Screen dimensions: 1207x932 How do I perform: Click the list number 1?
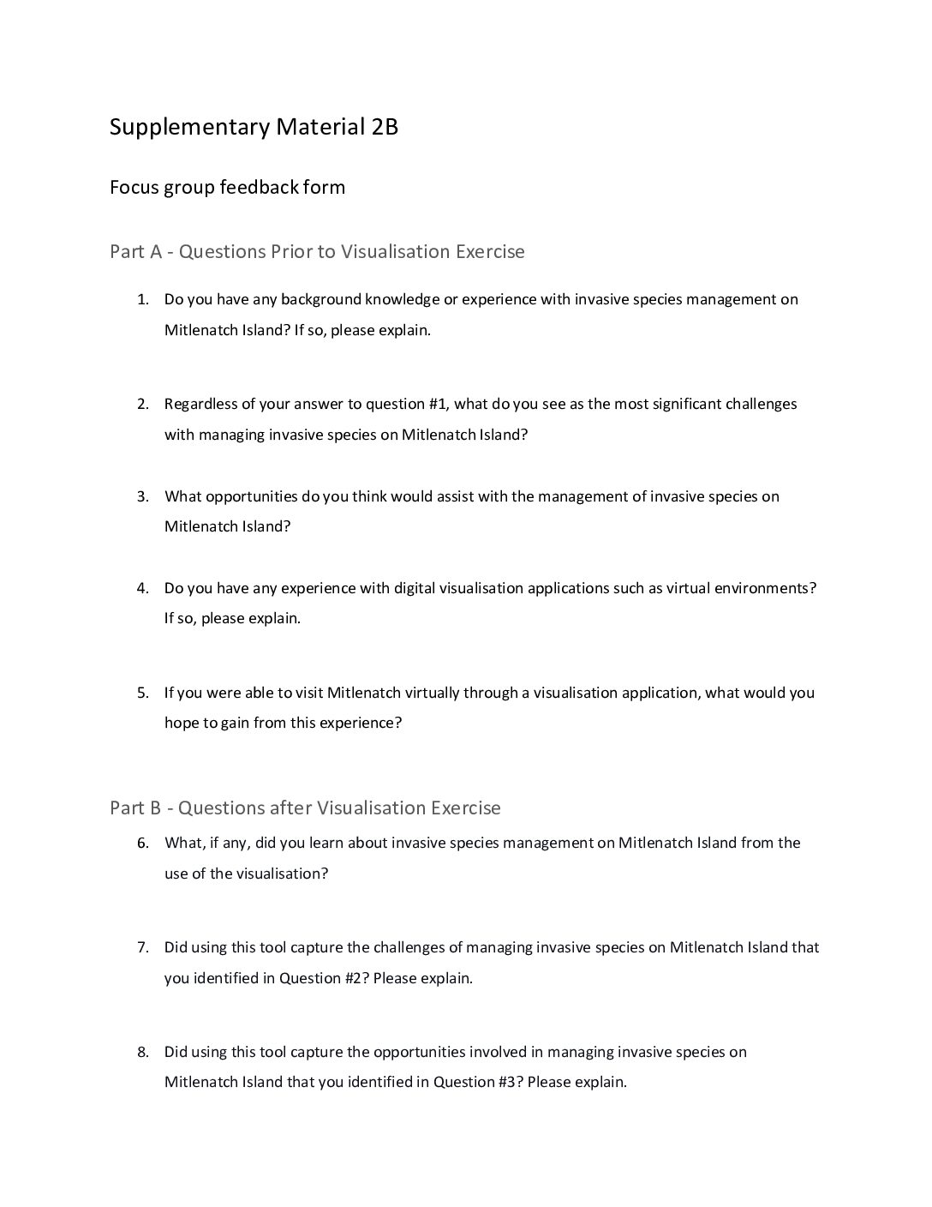pos(142,300)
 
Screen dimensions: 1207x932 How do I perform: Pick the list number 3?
pos(142,496)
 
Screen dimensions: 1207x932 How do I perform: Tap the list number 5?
pos(142,693)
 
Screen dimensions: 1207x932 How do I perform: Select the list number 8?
pos(142,1052)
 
